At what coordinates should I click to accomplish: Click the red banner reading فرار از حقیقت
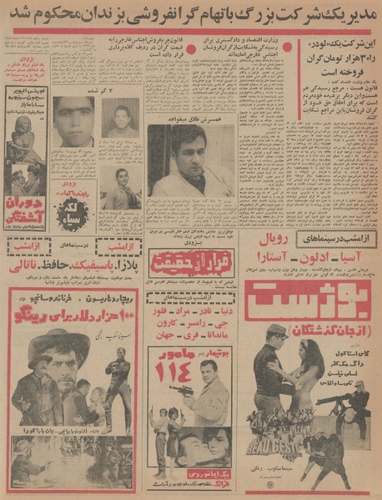[187, 265]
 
